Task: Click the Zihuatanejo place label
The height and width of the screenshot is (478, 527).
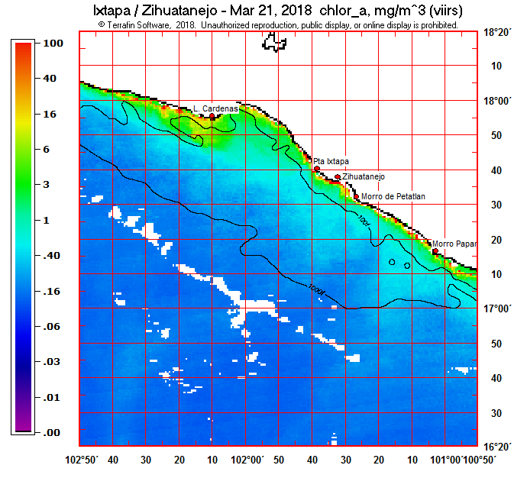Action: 364,176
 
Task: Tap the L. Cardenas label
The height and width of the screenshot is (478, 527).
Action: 215,108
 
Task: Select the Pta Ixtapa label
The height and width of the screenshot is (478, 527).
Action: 331,161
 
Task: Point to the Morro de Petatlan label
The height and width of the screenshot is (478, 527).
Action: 393,196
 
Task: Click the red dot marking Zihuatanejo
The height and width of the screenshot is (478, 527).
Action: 338,177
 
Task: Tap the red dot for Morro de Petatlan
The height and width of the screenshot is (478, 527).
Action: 356,197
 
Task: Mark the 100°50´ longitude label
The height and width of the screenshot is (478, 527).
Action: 480,460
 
